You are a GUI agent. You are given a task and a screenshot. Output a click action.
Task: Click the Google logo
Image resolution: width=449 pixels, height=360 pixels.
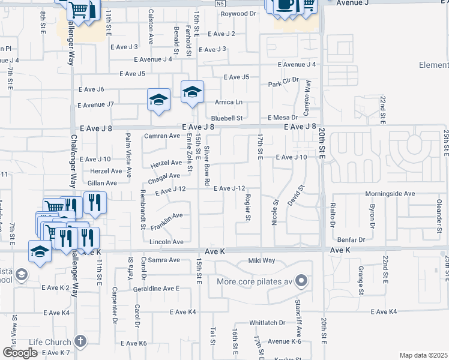pos(20,353)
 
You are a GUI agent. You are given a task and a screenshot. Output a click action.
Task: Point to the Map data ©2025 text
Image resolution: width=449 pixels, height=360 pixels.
pos(424,355)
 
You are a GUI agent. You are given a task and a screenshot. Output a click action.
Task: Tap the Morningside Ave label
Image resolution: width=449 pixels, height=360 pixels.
pos(391,194)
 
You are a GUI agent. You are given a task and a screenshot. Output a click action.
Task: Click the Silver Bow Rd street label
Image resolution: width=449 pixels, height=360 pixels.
pos(207,165)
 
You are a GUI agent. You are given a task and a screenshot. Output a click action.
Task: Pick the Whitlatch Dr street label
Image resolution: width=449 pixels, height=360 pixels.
pos(267,323)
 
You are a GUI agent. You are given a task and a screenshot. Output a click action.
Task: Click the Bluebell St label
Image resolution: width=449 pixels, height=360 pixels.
pos(226,118)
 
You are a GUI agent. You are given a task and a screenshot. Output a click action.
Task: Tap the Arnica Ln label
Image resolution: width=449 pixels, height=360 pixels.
pos(230,102)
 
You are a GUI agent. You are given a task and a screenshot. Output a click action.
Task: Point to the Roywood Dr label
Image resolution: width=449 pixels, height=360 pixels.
pos(238,13)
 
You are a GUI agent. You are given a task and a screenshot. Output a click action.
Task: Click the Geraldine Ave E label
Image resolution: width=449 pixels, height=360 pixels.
pos(152,289)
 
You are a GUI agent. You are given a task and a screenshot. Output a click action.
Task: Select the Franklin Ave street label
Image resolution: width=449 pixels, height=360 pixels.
pos(166,219)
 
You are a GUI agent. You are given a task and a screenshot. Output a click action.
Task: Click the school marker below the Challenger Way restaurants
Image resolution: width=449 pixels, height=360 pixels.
pos(40,252)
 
